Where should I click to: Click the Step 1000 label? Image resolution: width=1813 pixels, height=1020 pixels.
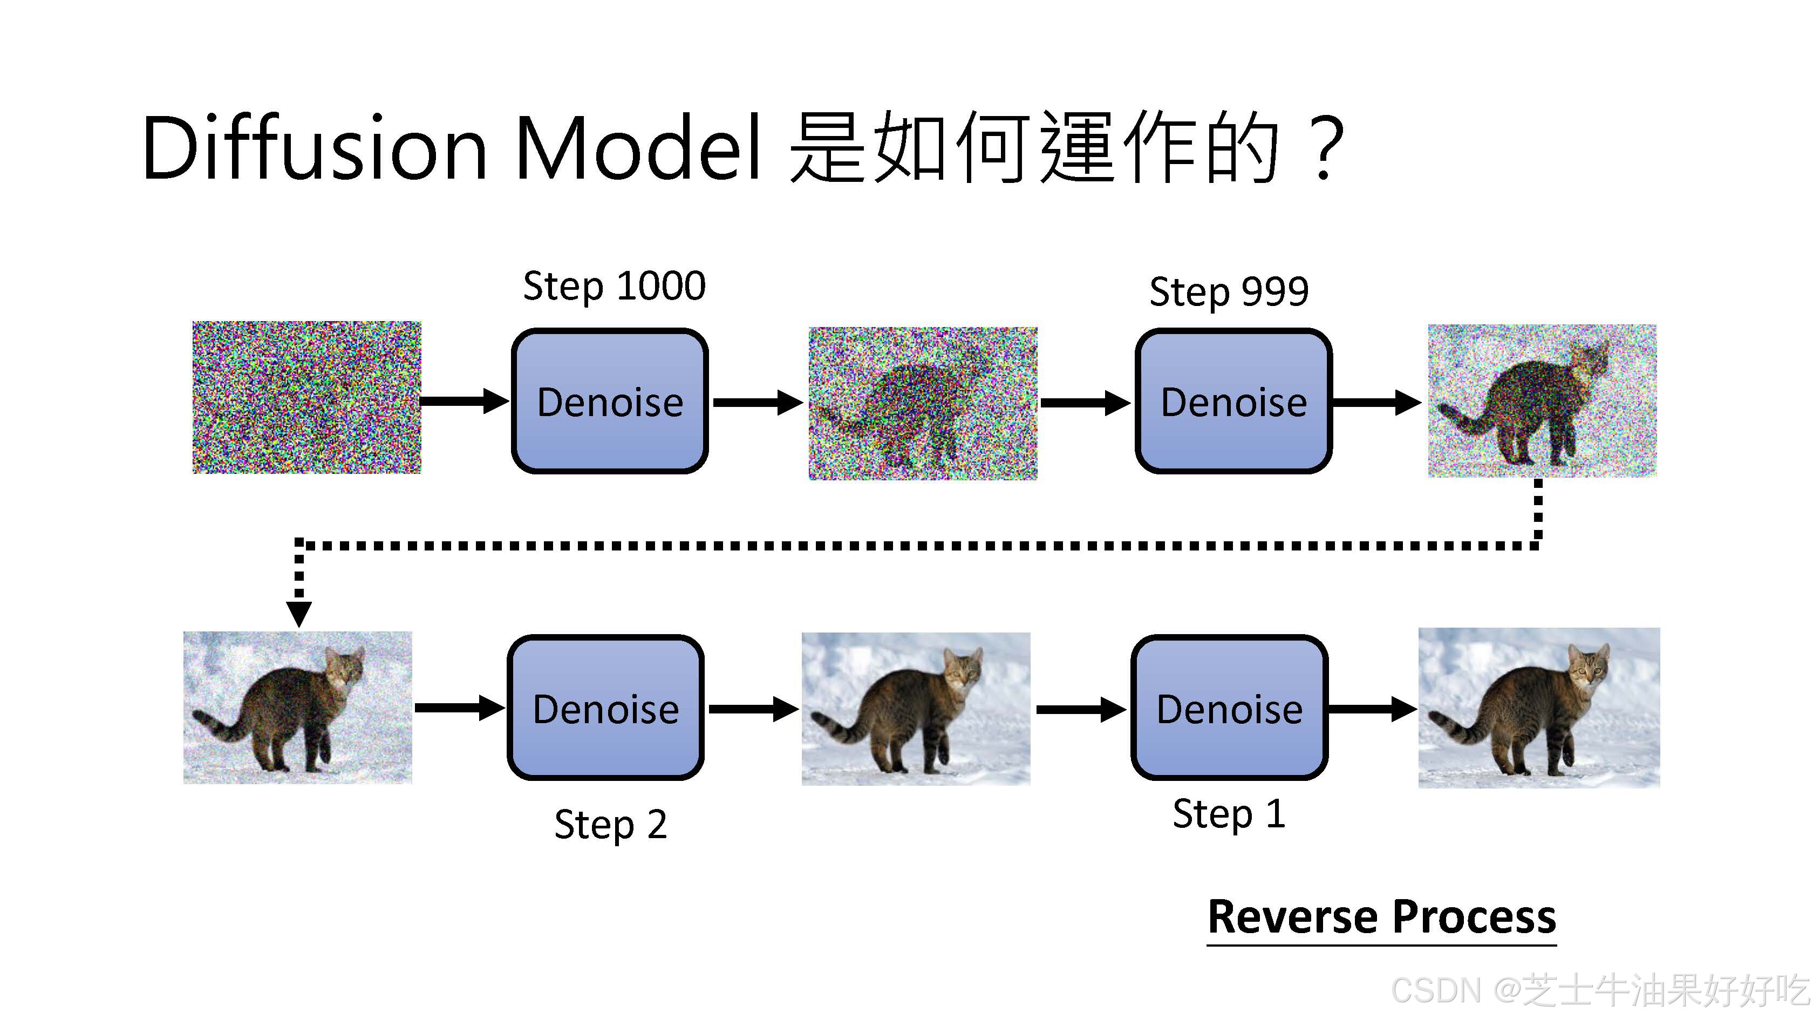(x=614, y=287)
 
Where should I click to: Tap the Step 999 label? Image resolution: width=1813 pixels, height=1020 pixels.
(x=1229, y=291)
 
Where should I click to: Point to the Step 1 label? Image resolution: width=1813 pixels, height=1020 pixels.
(x=1229, y=814)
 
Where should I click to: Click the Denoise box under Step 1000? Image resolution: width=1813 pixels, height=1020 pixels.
(x=610, y=401)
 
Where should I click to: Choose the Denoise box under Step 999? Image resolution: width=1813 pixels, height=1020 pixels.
(x=1233, y=401)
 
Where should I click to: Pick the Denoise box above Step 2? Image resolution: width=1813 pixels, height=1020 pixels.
(x=605, y=708)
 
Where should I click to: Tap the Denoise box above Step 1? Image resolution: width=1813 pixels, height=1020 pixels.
(x=1229, y=708)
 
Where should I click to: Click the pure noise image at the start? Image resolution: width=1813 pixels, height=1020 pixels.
(x=307, y=397)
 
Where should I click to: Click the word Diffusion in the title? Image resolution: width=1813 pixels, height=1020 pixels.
(x=314, y=148)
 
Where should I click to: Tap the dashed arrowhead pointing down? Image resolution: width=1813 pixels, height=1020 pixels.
(x=299, y=613)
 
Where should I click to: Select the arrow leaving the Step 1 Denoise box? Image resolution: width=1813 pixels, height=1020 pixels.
(x=1371, y=708)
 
